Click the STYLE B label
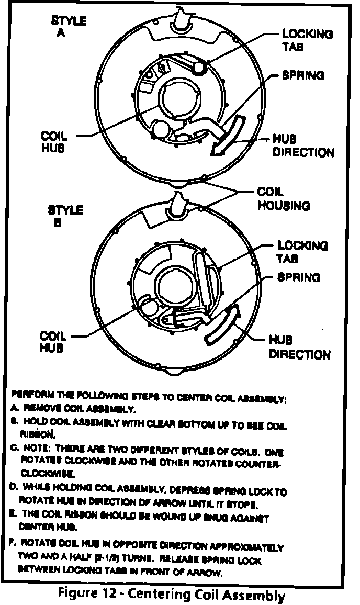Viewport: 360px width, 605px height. [x=65, y=216]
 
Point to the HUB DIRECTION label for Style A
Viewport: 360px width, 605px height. [x=303, y=146]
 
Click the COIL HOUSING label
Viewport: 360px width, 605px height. [x=283, y=199]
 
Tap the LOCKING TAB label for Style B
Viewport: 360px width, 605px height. [x=302, y=251]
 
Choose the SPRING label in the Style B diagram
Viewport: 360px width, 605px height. [x=299, y=277]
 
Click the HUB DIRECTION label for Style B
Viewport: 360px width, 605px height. [x=299, y=347]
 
